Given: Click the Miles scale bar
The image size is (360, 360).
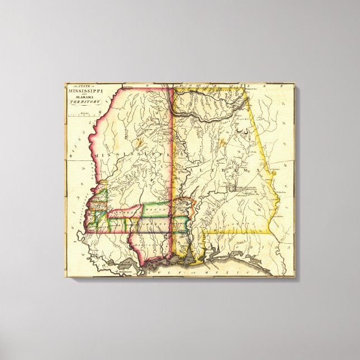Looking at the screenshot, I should pyautogui.click(x=84, y=115).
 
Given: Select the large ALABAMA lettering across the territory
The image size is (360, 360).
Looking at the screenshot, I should pyautogui.click(x=224, y=165).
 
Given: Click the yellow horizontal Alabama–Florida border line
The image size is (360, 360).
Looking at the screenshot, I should pyautogui.click(x=235, y=231).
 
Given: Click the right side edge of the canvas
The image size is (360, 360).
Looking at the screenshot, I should pyautogui.click(x=295, y=179).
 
